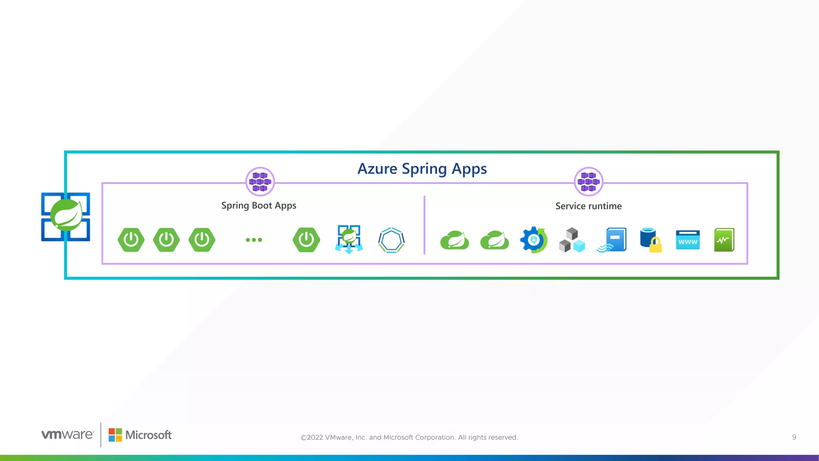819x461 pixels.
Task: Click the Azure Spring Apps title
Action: point(422,169)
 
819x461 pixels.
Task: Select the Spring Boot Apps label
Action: point(259,206)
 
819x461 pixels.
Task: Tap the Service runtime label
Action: point(588,206)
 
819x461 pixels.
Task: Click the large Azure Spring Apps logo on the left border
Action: point(66,216)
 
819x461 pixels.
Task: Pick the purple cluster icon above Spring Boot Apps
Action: point(260,182)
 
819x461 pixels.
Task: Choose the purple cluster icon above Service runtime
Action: point(588,182)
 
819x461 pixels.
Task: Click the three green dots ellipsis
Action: point(254,240)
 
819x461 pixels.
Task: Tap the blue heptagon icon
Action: point(391,240)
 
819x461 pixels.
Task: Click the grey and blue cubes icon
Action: point(572,240)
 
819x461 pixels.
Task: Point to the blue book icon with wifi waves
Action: point(612,240)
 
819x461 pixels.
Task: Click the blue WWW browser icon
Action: point(688,240)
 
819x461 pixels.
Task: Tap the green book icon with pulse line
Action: point(724,240)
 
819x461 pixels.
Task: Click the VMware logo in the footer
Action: point(68,435)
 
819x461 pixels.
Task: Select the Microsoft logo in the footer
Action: point(140,435)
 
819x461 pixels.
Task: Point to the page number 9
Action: point(794,437)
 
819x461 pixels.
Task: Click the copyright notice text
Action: point(409,437)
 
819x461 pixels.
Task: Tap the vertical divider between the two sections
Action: point(424,225)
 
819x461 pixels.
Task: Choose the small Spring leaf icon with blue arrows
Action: point(349,239)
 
